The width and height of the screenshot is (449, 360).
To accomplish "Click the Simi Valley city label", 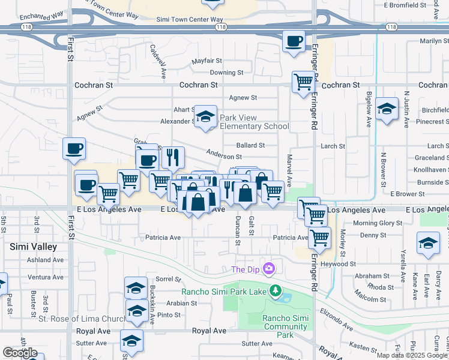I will [x=33, y=247].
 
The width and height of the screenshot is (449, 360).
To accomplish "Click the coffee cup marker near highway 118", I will [x=294, y=41].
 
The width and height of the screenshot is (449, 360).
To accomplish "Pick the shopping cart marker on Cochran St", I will [x=304, y=81].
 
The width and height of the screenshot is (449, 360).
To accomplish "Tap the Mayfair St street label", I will [x=207, y=61].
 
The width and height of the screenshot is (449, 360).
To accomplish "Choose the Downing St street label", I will [x=226, y=73].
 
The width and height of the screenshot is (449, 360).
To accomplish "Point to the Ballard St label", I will [x=250, y=145].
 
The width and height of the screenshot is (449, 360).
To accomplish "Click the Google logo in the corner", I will [x=20, y=353].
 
